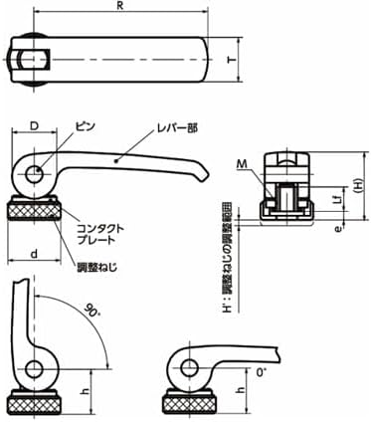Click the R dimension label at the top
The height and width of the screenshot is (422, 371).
point(120,6)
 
